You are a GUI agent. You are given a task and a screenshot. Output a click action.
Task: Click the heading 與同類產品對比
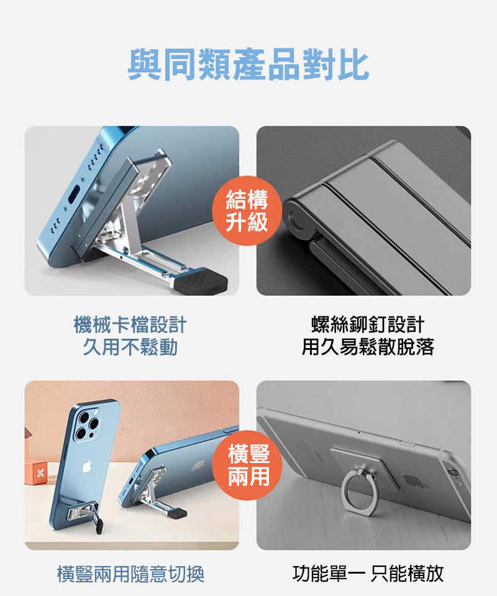248,65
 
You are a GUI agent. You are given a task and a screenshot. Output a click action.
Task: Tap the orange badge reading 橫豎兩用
248,465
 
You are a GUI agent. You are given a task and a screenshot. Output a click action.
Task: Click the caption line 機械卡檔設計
130,324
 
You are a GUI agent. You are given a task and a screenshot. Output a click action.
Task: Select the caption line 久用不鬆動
130,347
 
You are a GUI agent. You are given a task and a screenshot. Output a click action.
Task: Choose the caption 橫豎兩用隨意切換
130,574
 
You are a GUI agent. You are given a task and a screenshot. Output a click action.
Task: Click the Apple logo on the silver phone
410,480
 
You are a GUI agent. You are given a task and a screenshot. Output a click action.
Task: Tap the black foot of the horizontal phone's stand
178,513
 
